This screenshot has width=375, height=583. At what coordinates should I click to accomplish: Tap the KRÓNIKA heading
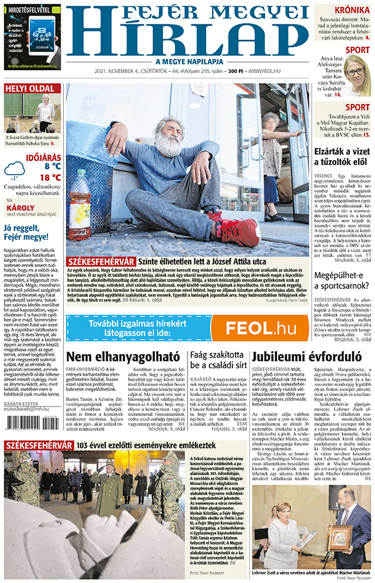[351, 11]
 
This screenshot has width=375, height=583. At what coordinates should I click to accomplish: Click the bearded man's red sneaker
[239, 230]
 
